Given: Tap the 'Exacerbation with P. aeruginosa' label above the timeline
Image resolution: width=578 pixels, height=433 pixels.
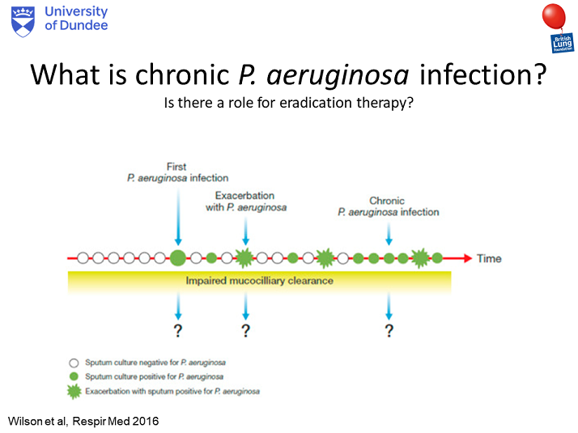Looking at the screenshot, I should click(244, 202).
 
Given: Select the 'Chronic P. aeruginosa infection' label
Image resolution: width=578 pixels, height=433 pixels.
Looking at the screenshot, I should click(388, 206).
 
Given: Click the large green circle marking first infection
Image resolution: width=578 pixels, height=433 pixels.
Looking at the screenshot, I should click(178, 258).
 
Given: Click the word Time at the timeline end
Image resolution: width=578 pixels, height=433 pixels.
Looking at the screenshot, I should click(489, 259).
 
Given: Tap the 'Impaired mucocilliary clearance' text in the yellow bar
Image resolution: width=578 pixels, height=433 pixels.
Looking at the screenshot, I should click(259, 282).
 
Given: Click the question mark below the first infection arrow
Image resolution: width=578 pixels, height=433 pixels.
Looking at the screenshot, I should click(178, 329).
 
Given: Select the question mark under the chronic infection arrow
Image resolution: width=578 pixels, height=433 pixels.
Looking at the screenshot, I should click(389, 329).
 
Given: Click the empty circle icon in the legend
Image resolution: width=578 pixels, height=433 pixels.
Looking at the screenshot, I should click(74, 363).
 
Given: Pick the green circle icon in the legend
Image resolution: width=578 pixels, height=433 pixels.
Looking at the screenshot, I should click(74, 376).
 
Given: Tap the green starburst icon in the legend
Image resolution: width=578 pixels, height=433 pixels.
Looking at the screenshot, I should click(74, 391).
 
